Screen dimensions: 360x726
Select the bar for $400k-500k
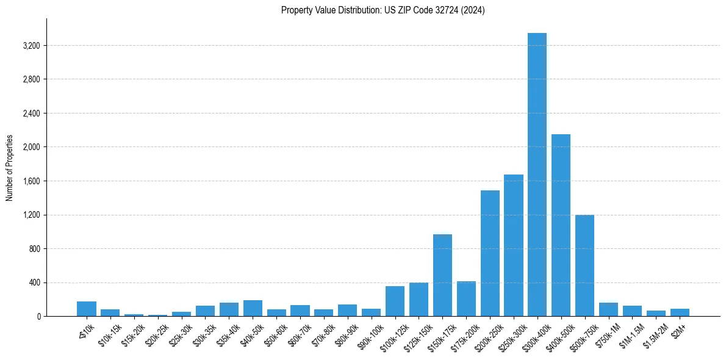click(x=561, y=225)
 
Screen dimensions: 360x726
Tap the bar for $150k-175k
click(x=442, y=275)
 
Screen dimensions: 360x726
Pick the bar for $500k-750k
click(x=584, y=265)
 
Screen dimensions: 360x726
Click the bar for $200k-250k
click(x=490, y=253)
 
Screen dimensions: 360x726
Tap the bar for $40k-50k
click(x=253, y=308)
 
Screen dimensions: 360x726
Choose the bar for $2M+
click(x=680, y=312)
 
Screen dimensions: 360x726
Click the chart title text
click(x=383, y=10)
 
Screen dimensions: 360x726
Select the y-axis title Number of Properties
click(x=10, y=168)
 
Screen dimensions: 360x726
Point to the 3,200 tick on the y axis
click(x=30, y=46)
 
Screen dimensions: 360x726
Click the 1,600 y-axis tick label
click(x=30, y=181)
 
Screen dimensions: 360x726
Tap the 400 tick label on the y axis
click(x=34, y=283)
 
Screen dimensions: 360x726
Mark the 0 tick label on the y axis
click(x=38, y=317)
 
